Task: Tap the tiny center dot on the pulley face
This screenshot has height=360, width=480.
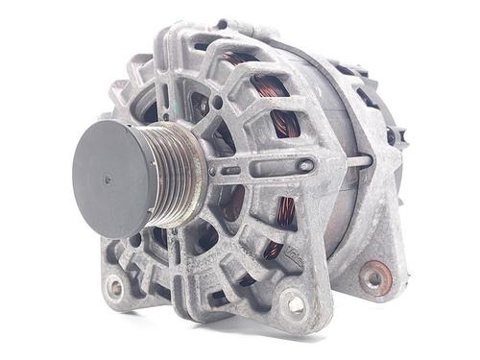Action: [108, 180]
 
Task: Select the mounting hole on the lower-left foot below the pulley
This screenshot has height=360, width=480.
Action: [116, 286]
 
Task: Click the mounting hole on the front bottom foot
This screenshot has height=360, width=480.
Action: [296, 305]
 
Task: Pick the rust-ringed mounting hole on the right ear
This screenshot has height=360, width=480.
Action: [372, 278]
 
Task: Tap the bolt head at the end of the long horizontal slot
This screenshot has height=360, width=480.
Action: [305, 165]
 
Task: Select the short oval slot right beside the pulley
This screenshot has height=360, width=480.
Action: [231, 171]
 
